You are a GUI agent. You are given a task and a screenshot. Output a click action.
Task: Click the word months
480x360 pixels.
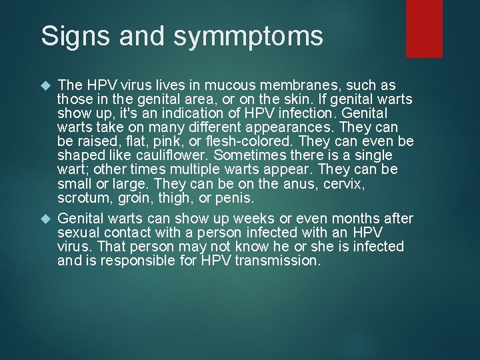(347, 219)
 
